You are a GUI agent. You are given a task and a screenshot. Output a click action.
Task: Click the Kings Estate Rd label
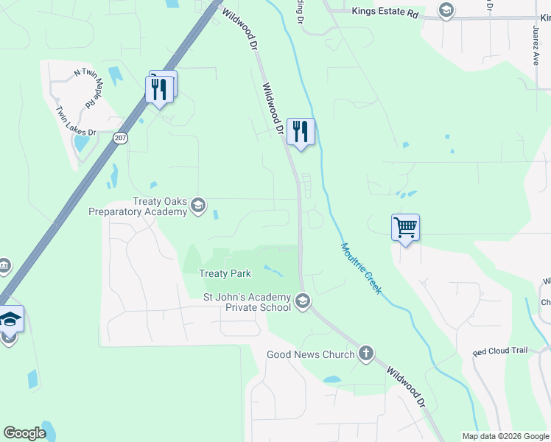[385, 12]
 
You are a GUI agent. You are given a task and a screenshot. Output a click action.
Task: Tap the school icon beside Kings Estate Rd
[446, 10]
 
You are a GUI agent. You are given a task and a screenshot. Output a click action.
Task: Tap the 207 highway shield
[121, 138]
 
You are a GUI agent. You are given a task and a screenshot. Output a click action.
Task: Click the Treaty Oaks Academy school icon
[197, 206]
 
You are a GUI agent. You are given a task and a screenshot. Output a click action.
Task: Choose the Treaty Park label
[225, 273]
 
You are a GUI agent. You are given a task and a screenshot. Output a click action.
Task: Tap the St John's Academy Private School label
[247, 302]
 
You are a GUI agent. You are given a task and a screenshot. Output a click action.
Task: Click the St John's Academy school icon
[302, 301]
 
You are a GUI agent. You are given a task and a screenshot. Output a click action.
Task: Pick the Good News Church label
[310, 354]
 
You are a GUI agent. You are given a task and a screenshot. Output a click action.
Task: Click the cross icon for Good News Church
[365, 354]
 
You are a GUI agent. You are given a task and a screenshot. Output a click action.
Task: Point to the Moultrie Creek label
[361, 268]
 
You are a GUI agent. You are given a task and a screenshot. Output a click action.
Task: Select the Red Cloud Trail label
[500, 353]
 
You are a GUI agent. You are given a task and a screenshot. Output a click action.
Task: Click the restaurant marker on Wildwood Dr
[300, 132]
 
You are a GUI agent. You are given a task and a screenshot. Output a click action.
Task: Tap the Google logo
[24, 433]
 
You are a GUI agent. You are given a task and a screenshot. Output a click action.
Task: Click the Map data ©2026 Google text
[505, 436]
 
